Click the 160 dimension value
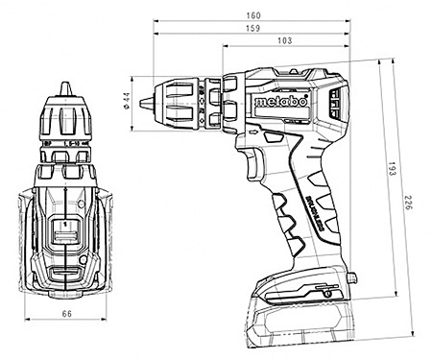coord(252,14)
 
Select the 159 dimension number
coord(252,30)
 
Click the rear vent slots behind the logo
coord(335,102)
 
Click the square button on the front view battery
coord(65,233)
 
